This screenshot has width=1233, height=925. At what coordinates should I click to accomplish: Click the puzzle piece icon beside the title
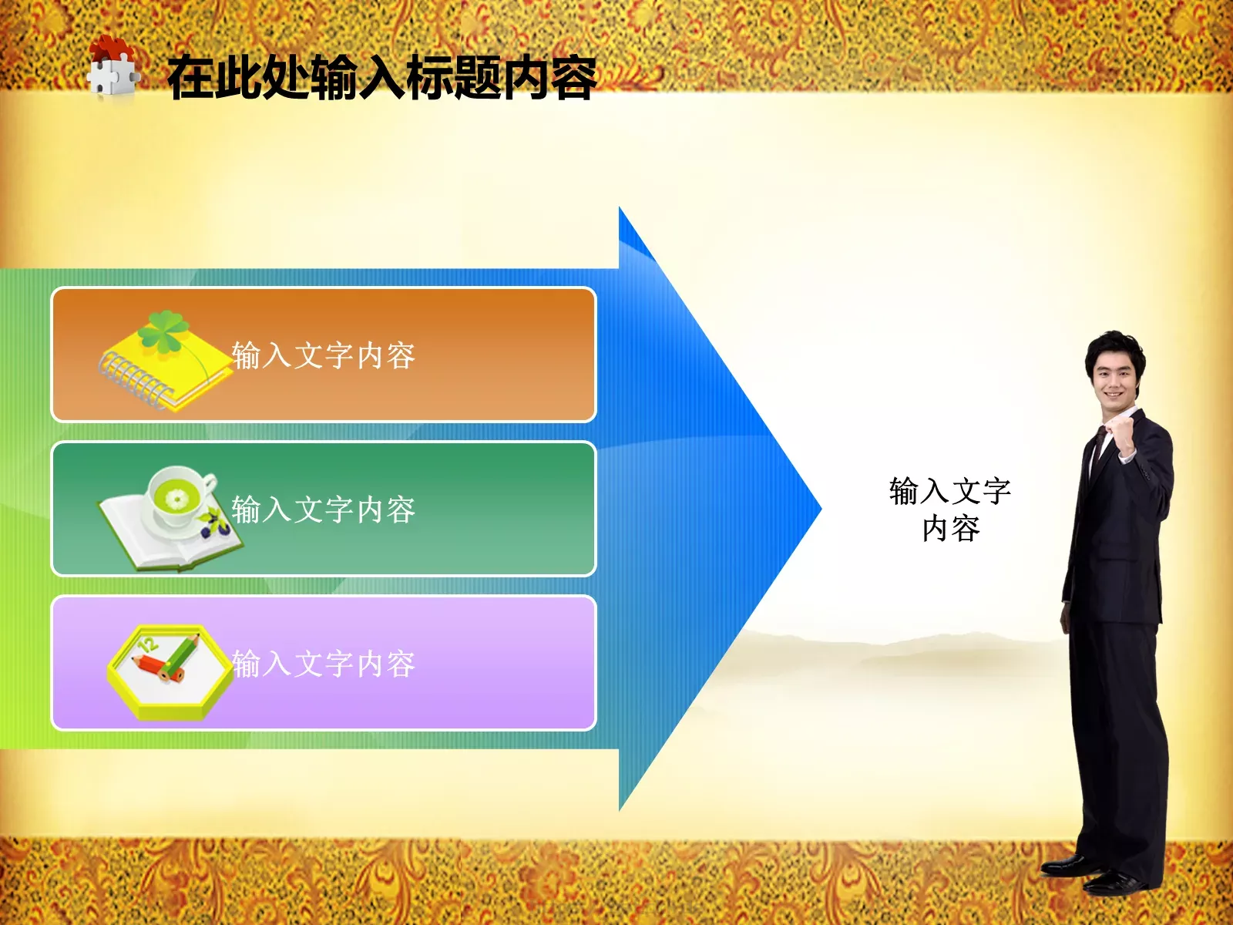[x=113, y=69]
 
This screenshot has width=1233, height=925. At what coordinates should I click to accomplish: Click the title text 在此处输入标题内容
[x=381, y=78]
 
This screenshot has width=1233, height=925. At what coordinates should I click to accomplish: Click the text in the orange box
[x=324, y=356]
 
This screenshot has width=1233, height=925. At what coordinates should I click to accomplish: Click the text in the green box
[x=324, y=510]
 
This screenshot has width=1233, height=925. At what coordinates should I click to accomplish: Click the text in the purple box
[x=324, y=664]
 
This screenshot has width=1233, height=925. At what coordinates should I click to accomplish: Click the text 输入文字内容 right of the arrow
[x=950, y=510]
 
